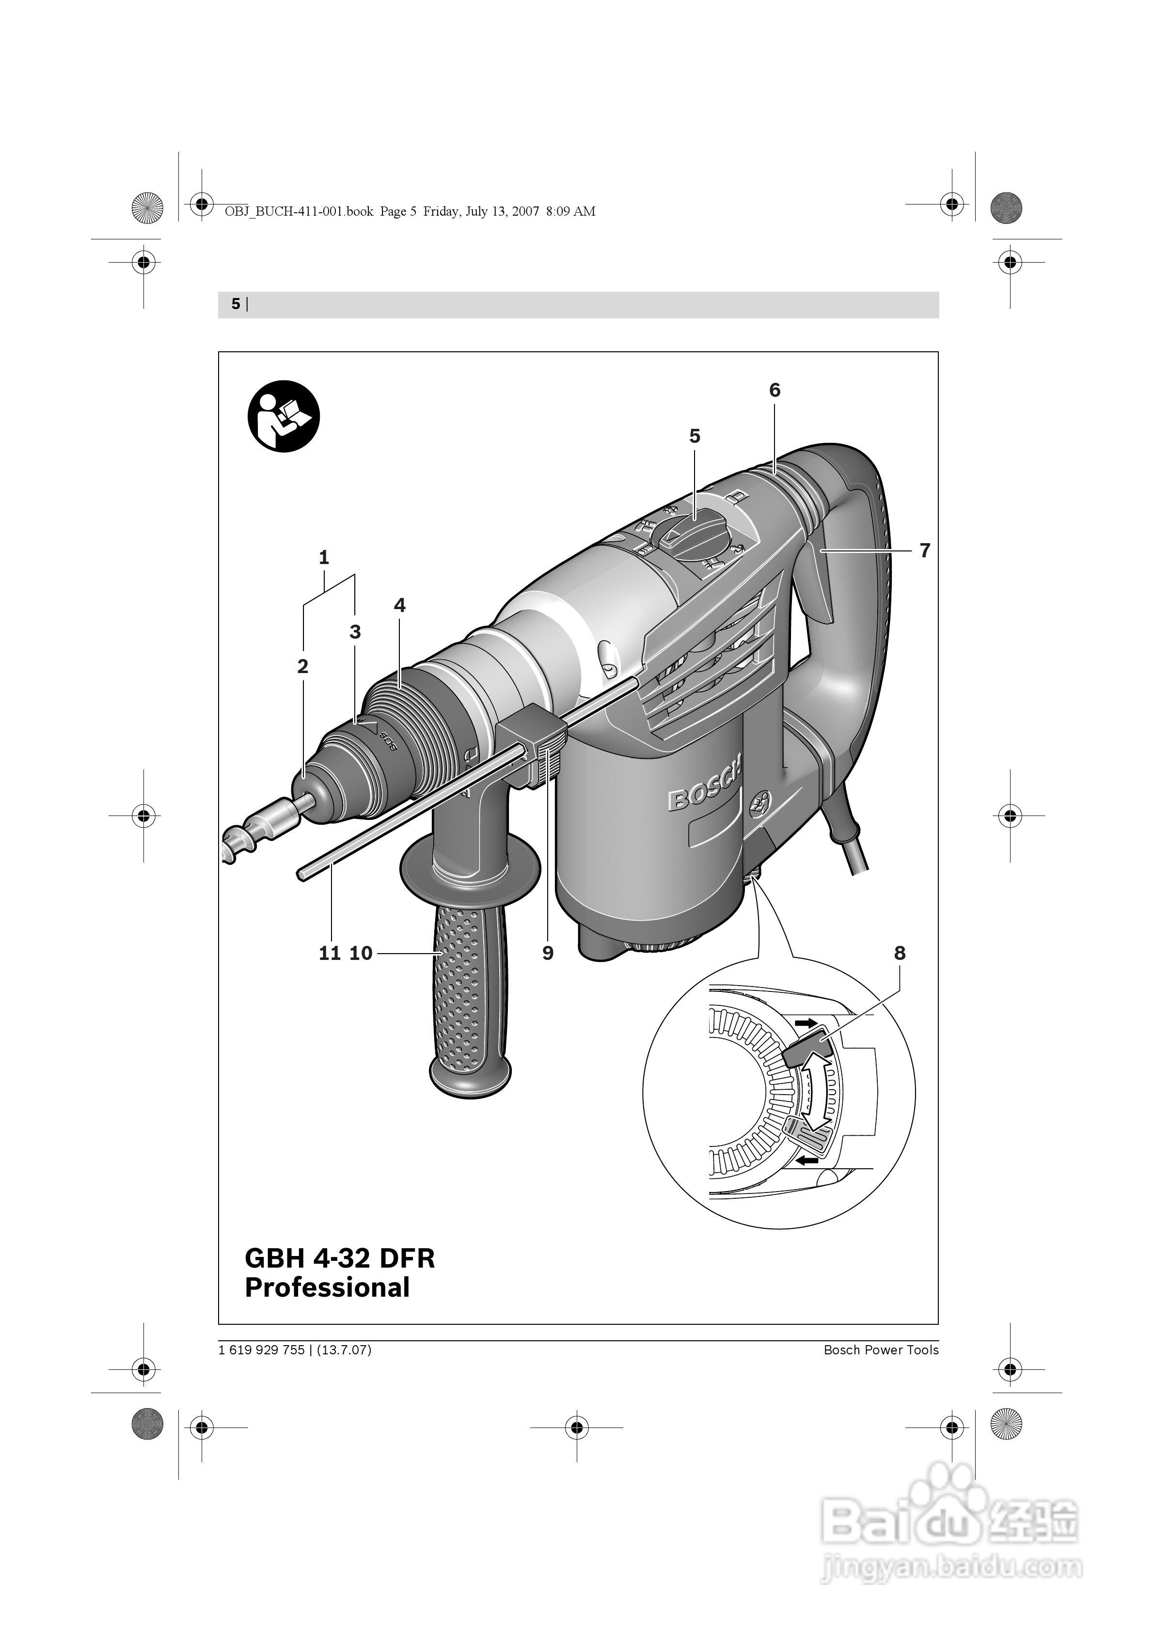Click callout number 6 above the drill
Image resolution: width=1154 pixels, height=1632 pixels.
pyautogui.click(x=775, y=390)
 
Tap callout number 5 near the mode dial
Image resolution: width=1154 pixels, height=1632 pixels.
pyautogui.click(x=695, y=436)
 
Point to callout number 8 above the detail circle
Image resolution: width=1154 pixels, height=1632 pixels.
pyautogui.click(x=900, y=953)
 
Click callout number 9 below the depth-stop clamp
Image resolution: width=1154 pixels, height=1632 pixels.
pyautogui.click(x=548, y=953)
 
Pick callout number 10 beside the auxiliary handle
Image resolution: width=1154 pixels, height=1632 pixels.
pyautogui.click(x=361, y=953)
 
